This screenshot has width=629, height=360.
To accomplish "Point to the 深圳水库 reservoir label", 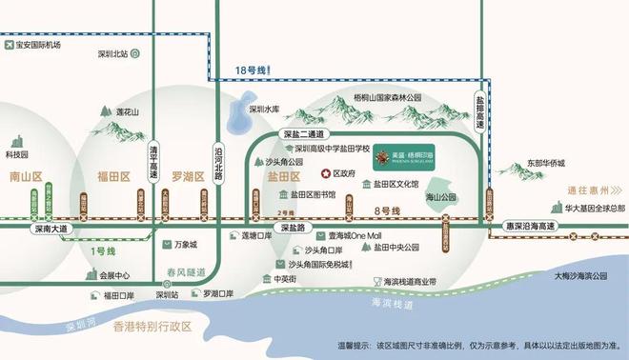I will [263, 110].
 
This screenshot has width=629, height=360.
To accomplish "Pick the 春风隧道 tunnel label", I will [185, 271].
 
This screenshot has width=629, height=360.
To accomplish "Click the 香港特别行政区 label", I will [153, 327].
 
